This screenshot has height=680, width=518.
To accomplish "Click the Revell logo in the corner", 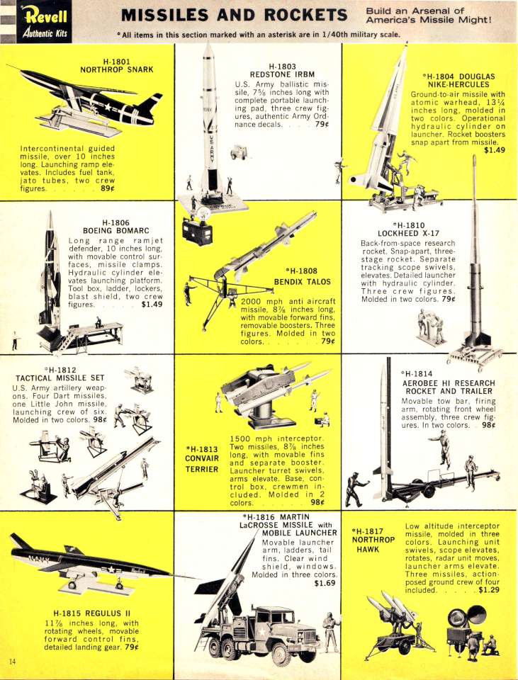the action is (x=44, y=22).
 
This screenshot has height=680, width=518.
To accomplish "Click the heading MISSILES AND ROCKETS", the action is (x=235, y=15).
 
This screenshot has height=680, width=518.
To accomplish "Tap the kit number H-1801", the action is (x=117, y=62).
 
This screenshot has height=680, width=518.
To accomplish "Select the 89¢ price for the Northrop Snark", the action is (x=107, y=188).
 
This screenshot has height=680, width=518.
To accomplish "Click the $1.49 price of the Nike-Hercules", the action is (x=495, y=150).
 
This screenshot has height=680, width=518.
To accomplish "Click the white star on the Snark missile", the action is (x=106, y=106).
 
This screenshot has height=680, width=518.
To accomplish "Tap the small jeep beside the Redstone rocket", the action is (x=238, y=152).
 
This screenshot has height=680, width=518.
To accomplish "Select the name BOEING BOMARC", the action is (x=116, y=231).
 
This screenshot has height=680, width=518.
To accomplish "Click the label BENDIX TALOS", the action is (x=302, y=282).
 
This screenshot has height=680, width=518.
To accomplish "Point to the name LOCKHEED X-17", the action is (x=408, y=233).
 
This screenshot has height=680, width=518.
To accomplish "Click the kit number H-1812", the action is (x=61, y=370).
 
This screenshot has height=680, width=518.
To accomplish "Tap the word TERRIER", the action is (x=202, y=469).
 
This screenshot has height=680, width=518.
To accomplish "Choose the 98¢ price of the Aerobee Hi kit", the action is (x=488, y=425).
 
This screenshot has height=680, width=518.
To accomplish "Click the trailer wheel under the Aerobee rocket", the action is (x=428, y=491).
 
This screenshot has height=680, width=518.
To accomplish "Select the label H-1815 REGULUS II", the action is (x=91, y=613).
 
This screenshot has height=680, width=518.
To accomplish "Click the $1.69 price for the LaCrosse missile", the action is (x=325, y=583).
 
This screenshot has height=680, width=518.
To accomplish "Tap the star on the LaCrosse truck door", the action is (x=262, y=632).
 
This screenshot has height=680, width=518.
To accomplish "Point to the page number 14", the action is (x=12, y=662).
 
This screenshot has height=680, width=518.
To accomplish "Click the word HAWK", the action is (x=368, y=549).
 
